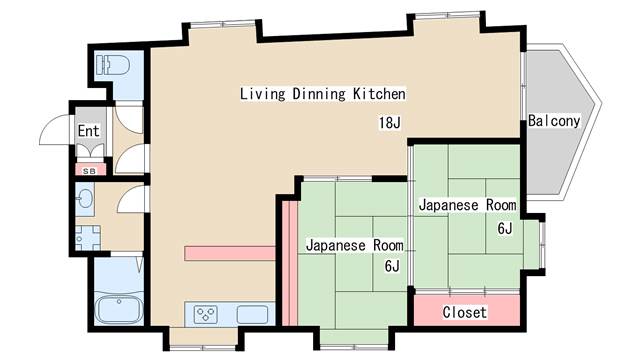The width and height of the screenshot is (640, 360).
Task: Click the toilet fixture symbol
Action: [113, 65]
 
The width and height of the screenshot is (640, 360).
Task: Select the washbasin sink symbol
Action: [85, 200]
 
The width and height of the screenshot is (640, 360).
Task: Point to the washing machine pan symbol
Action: [88, 238]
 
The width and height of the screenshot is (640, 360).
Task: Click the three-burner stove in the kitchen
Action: [205, 314]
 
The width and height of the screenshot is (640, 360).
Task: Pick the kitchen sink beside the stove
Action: [253, 315]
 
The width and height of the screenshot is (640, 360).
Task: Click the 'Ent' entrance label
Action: [89, 131]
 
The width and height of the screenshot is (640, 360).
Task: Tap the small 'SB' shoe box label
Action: [89, 171]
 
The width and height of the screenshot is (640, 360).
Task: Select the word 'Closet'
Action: [465, 312]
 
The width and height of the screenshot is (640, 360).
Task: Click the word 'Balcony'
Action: [554, 121]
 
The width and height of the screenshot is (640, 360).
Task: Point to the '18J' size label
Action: [390, 122]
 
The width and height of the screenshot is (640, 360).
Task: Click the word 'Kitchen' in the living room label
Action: [379, 93]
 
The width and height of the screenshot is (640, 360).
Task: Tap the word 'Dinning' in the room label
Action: [319, 94]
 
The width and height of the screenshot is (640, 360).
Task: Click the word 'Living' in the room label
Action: [262, 94]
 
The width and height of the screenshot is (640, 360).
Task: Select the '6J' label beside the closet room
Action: [505, 229]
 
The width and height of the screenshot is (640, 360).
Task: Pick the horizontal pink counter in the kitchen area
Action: [230, 253]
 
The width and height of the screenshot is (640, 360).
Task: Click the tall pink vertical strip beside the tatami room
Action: [290, 263]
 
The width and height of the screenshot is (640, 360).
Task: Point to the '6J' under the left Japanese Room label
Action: [392, 266]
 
